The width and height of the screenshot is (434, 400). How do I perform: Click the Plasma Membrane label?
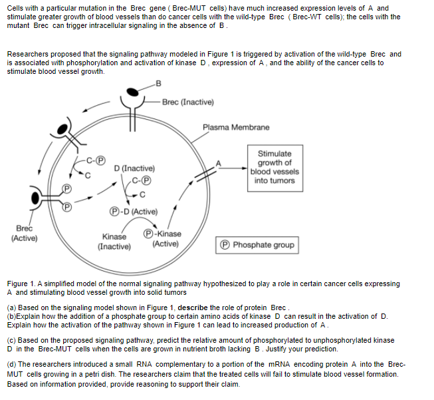point(236,127)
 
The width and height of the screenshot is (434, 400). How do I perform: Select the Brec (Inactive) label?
point(187,102)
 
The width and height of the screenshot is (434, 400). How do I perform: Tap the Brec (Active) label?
point(24,233)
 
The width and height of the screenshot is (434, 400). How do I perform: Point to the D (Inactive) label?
point(134,168)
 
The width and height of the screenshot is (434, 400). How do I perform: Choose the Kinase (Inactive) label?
point(114,241)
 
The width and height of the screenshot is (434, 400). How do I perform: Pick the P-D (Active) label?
point(134,212)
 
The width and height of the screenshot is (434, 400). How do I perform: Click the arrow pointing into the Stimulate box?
point(232,167)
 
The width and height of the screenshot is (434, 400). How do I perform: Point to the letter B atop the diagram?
point(158,83)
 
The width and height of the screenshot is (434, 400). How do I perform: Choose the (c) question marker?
point(11,340)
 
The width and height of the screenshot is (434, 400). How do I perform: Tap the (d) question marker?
point(11,365)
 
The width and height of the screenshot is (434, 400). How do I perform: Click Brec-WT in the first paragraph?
point(303,17)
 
